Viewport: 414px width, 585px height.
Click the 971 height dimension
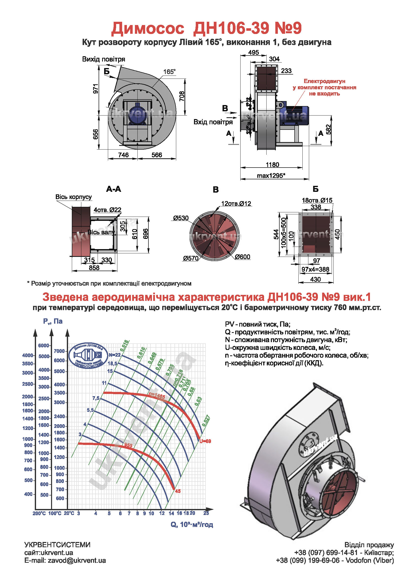tap(96, 89)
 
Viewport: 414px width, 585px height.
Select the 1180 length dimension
tap(272, 165)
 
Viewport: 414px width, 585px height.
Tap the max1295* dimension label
tap(271, 176)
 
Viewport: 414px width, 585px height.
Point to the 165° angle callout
tap(169, 72)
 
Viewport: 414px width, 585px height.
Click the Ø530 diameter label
tap(181, 218)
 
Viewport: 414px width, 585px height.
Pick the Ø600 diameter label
tap(243, 257)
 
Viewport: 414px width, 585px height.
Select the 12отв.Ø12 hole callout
tap(236, 204)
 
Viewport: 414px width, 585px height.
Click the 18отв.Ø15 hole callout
tap(317, 200)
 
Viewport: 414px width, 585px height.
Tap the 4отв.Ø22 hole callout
tap(107, 210)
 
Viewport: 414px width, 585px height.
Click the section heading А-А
tap(113, 189)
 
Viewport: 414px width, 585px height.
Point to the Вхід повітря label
tap(213, 122)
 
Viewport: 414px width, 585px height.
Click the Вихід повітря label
tap(104, 59)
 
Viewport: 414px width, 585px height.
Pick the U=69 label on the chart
tap(205, 441)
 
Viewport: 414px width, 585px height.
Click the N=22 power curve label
tap(114, 355)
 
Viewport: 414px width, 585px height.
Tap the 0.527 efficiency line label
tap(206, 421)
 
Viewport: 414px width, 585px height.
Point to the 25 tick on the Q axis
tap(206, 513)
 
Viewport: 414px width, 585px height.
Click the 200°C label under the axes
tap(39, 513)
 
